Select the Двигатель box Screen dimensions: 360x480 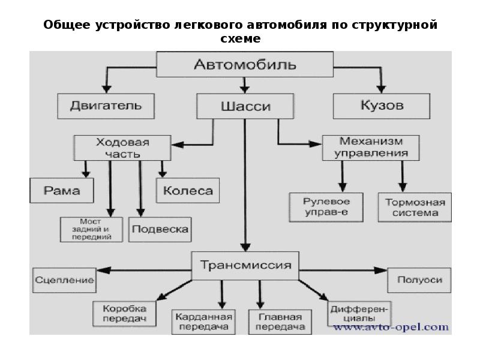click(106, 106)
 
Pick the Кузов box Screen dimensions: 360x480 click(382, 106)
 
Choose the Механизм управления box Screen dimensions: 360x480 click(371, 148)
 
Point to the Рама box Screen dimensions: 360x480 click(62, 191)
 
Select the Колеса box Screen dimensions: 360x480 click(188, 191)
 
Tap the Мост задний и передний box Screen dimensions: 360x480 click(91, 229)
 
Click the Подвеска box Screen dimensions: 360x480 click(160, 229)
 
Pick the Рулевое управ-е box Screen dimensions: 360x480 click(327, 207)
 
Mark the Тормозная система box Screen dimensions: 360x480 click(415, 207)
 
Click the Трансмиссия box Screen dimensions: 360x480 click(245, 265)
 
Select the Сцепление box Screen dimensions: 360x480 click(64, 280)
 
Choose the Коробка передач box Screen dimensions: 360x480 click(124, 313)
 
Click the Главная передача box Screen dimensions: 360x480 click(281, 322)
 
